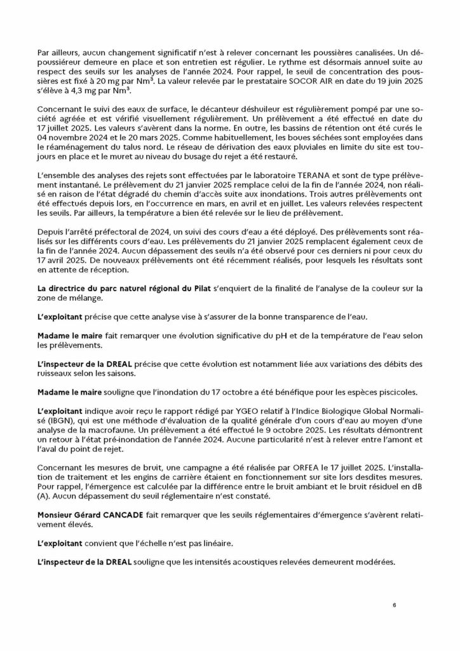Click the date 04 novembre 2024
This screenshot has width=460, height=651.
[69, 135]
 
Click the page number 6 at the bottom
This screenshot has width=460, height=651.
[394, 605]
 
